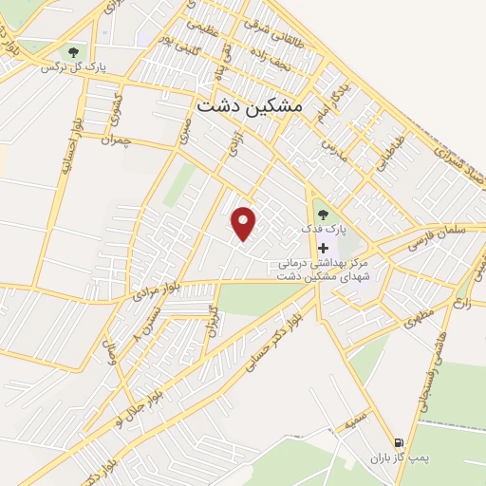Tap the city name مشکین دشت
(x=249, y=107)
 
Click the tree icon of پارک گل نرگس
(x=73, y=51)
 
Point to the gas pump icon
(x=397, y=442)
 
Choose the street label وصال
(x=110, y=362)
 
